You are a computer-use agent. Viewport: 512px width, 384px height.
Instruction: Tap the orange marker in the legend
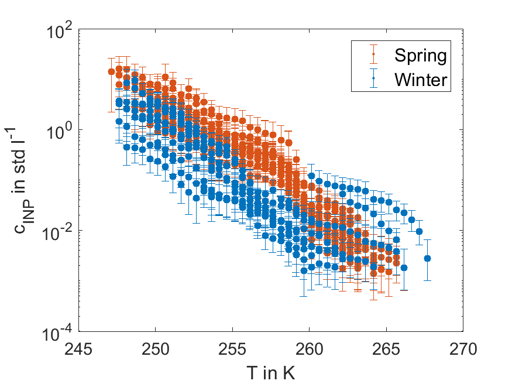(373, 56)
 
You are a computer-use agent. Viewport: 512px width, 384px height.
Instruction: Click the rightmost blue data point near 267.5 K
(427, 258)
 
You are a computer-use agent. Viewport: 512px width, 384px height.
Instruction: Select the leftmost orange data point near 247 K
(111, 71)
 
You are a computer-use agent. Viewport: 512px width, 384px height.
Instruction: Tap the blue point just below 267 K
(419, 231)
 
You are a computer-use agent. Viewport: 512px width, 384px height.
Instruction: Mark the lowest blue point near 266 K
(404, 268)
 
